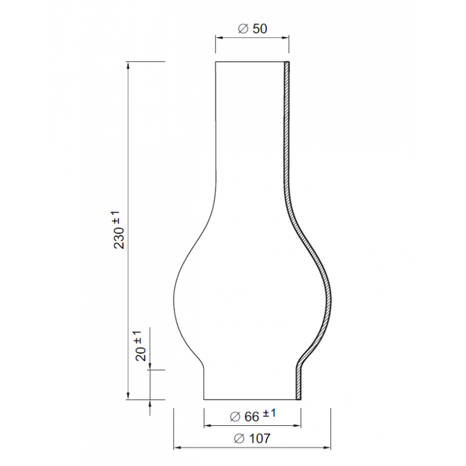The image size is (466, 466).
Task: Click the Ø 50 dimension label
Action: point(253,29)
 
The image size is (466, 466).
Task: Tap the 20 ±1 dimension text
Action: point(140,345)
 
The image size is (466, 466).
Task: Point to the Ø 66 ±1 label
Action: point(253,415)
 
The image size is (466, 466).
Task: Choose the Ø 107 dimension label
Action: point(252,439)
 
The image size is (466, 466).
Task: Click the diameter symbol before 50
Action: point(243,29)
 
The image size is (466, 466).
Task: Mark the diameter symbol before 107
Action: point(239,439)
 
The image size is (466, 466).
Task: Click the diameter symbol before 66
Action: point(235,416)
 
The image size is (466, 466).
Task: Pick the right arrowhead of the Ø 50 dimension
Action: point(285,37)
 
